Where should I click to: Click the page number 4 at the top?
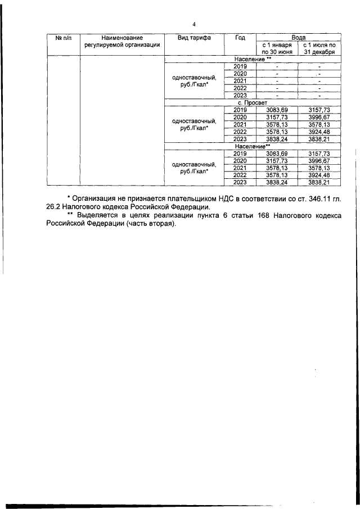[193, 24]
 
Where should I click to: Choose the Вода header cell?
[298, 35]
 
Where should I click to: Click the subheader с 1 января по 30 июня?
[276, 47]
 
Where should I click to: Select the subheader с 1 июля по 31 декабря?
[319, 47]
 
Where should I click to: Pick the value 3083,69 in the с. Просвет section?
[276, 110]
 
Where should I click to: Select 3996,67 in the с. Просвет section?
[319, 117]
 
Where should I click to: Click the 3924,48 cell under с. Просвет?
[319, 132]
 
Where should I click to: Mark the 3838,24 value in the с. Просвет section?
[276, 139]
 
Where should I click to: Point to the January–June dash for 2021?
[276, 80]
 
